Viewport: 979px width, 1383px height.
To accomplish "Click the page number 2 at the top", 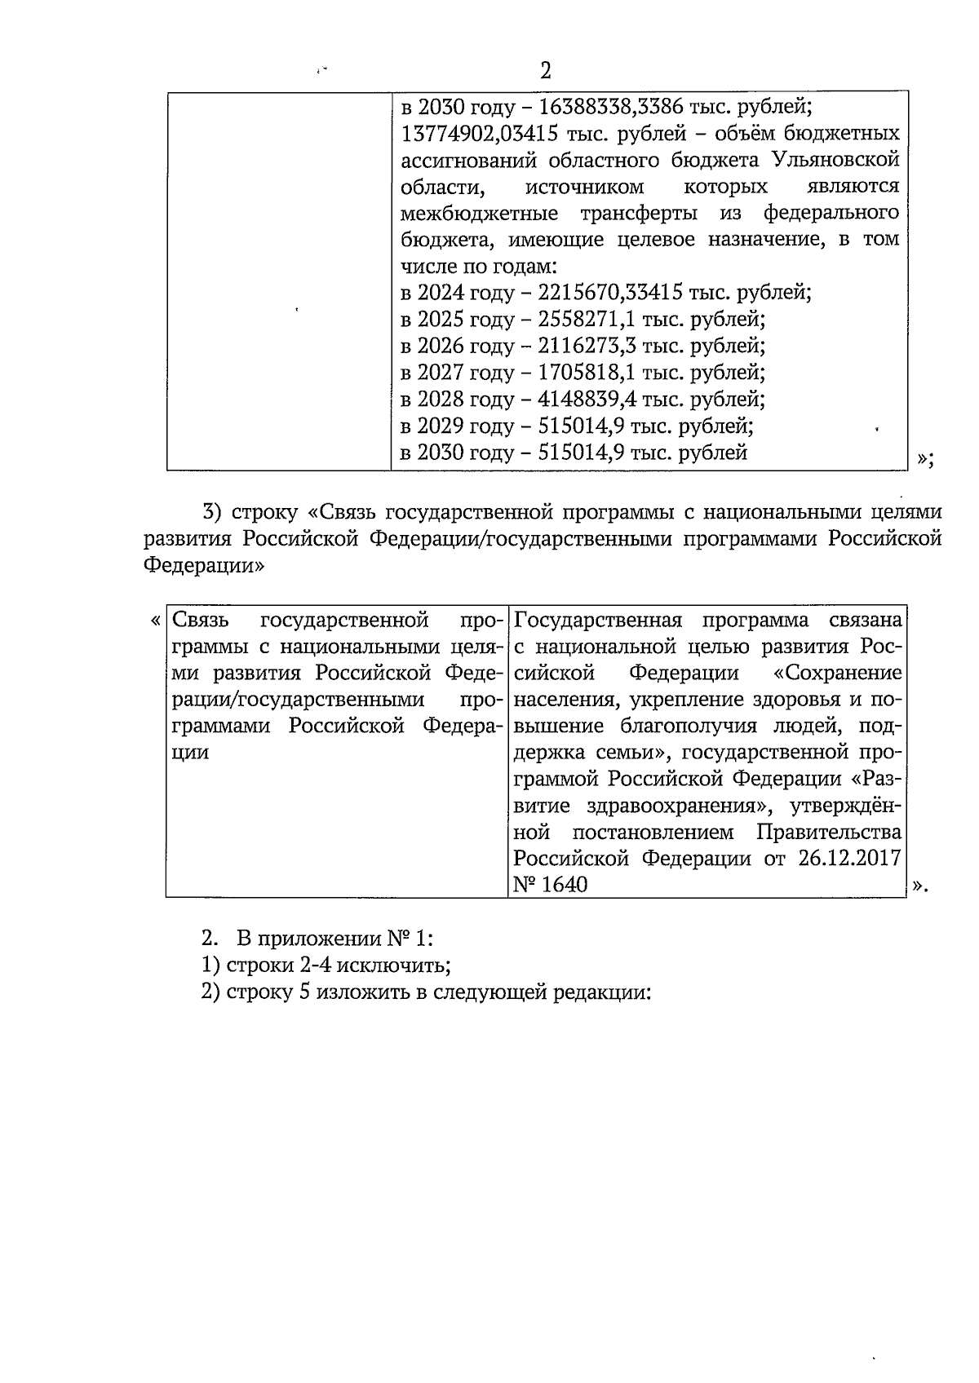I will [x=546, y=71].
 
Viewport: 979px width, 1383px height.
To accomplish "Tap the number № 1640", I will [x=551, y=885].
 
